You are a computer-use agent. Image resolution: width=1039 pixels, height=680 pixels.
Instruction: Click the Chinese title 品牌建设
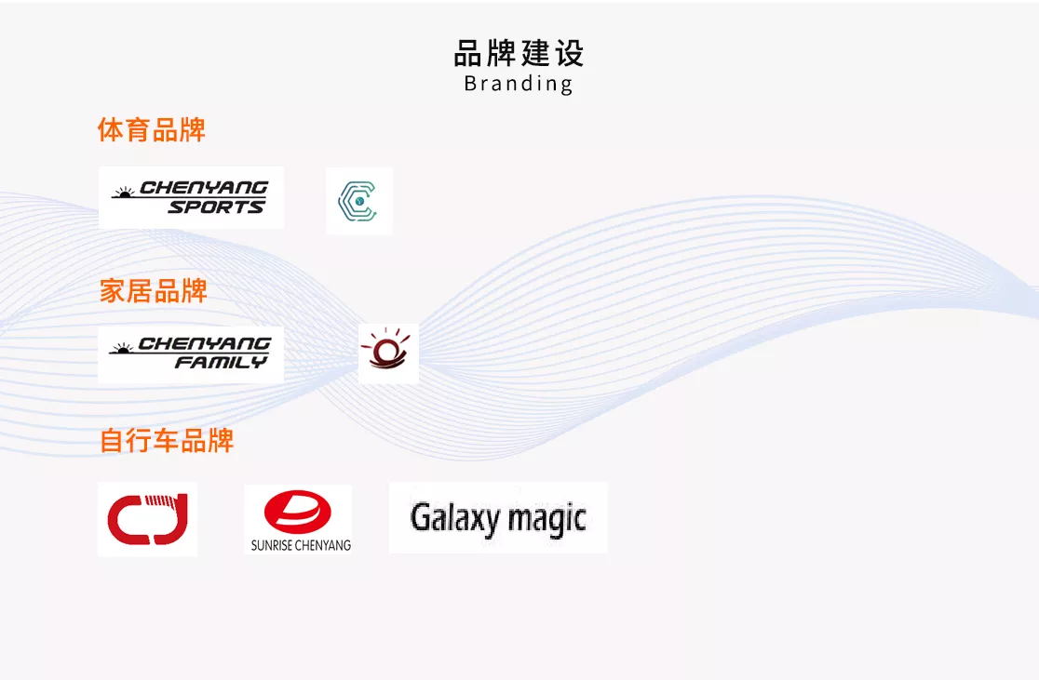pos(519,54)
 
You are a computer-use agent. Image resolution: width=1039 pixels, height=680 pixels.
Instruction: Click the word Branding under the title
pos(519,84)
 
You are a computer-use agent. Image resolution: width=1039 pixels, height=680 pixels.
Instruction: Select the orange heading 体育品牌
pos(152,130)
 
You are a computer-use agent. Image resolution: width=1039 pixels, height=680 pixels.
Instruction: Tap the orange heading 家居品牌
pos(153,290)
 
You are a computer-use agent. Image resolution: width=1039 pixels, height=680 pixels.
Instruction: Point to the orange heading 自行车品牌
pos(167,441)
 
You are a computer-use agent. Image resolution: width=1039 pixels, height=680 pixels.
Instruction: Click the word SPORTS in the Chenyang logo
pos(216,207)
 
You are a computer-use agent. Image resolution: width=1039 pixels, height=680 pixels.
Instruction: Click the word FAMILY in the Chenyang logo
pos(221,362)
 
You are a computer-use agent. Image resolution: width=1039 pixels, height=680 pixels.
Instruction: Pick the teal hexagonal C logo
pos(358,201)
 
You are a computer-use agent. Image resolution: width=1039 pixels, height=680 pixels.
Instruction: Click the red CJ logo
pos(148,519)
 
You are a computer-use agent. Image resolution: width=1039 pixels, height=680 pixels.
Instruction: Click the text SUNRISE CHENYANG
pos(301,546)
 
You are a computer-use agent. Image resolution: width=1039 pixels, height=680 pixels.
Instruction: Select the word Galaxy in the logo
pos(454,518)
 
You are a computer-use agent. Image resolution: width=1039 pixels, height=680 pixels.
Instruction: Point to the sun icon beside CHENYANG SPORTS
pos(124,193)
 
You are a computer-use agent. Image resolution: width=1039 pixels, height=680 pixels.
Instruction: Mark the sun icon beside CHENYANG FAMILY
pos(122,348)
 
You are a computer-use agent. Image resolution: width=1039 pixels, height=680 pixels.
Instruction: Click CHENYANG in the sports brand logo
pos(204,188)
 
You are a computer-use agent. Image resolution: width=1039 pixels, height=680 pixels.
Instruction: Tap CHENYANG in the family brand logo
pos(205,343)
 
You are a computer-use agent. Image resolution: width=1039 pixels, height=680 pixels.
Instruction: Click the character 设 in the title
pos(570,54)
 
